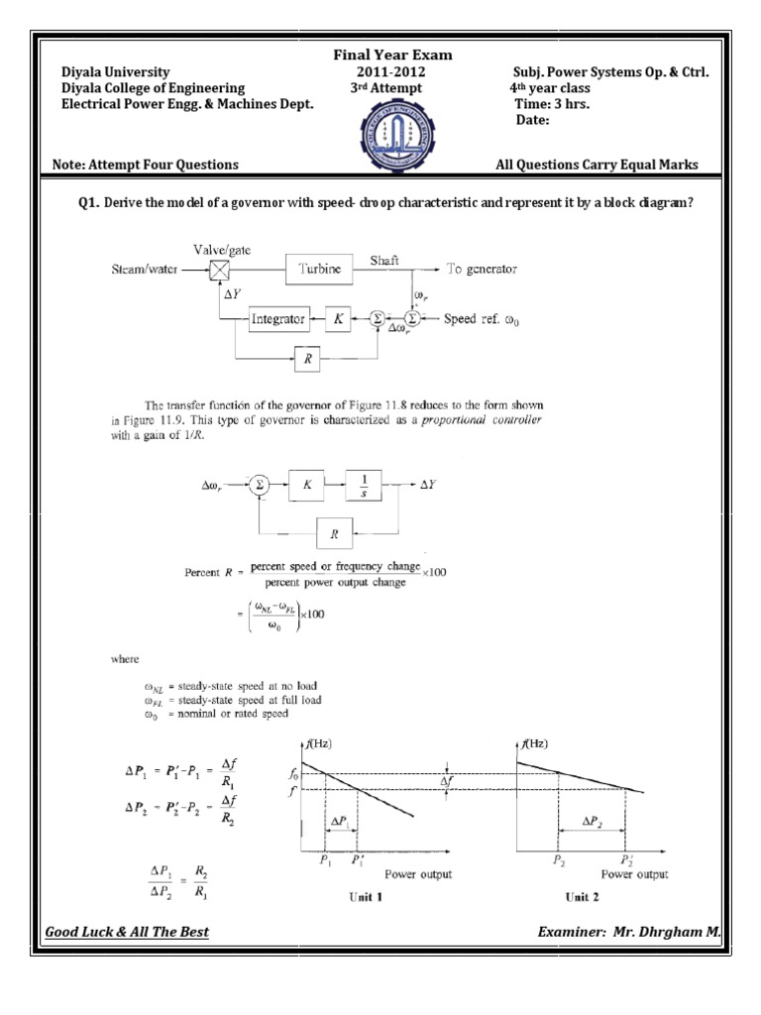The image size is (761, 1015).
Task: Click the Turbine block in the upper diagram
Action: pyautogui.click(x=318, y=269)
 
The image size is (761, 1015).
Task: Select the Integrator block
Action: pyautogui.click(x=276, y=319)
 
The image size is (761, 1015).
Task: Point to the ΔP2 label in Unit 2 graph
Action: pyautogui.click(x=593, y=823)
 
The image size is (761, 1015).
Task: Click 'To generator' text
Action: pyautogui.click(x=481, y=269)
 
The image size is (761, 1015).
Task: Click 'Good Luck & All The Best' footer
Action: pyautogui.click(x=128, y=933)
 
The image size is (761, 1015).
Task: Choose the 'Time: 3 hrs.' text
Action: pyautogui.click(x=552, y=104)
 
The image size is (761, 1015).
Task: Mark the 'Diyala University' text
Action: pyautogui.click(x=116, y=72)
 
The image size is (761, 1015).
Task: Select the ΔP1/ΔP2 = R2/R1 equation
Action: pyautogui.click(x=179, y=879)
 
